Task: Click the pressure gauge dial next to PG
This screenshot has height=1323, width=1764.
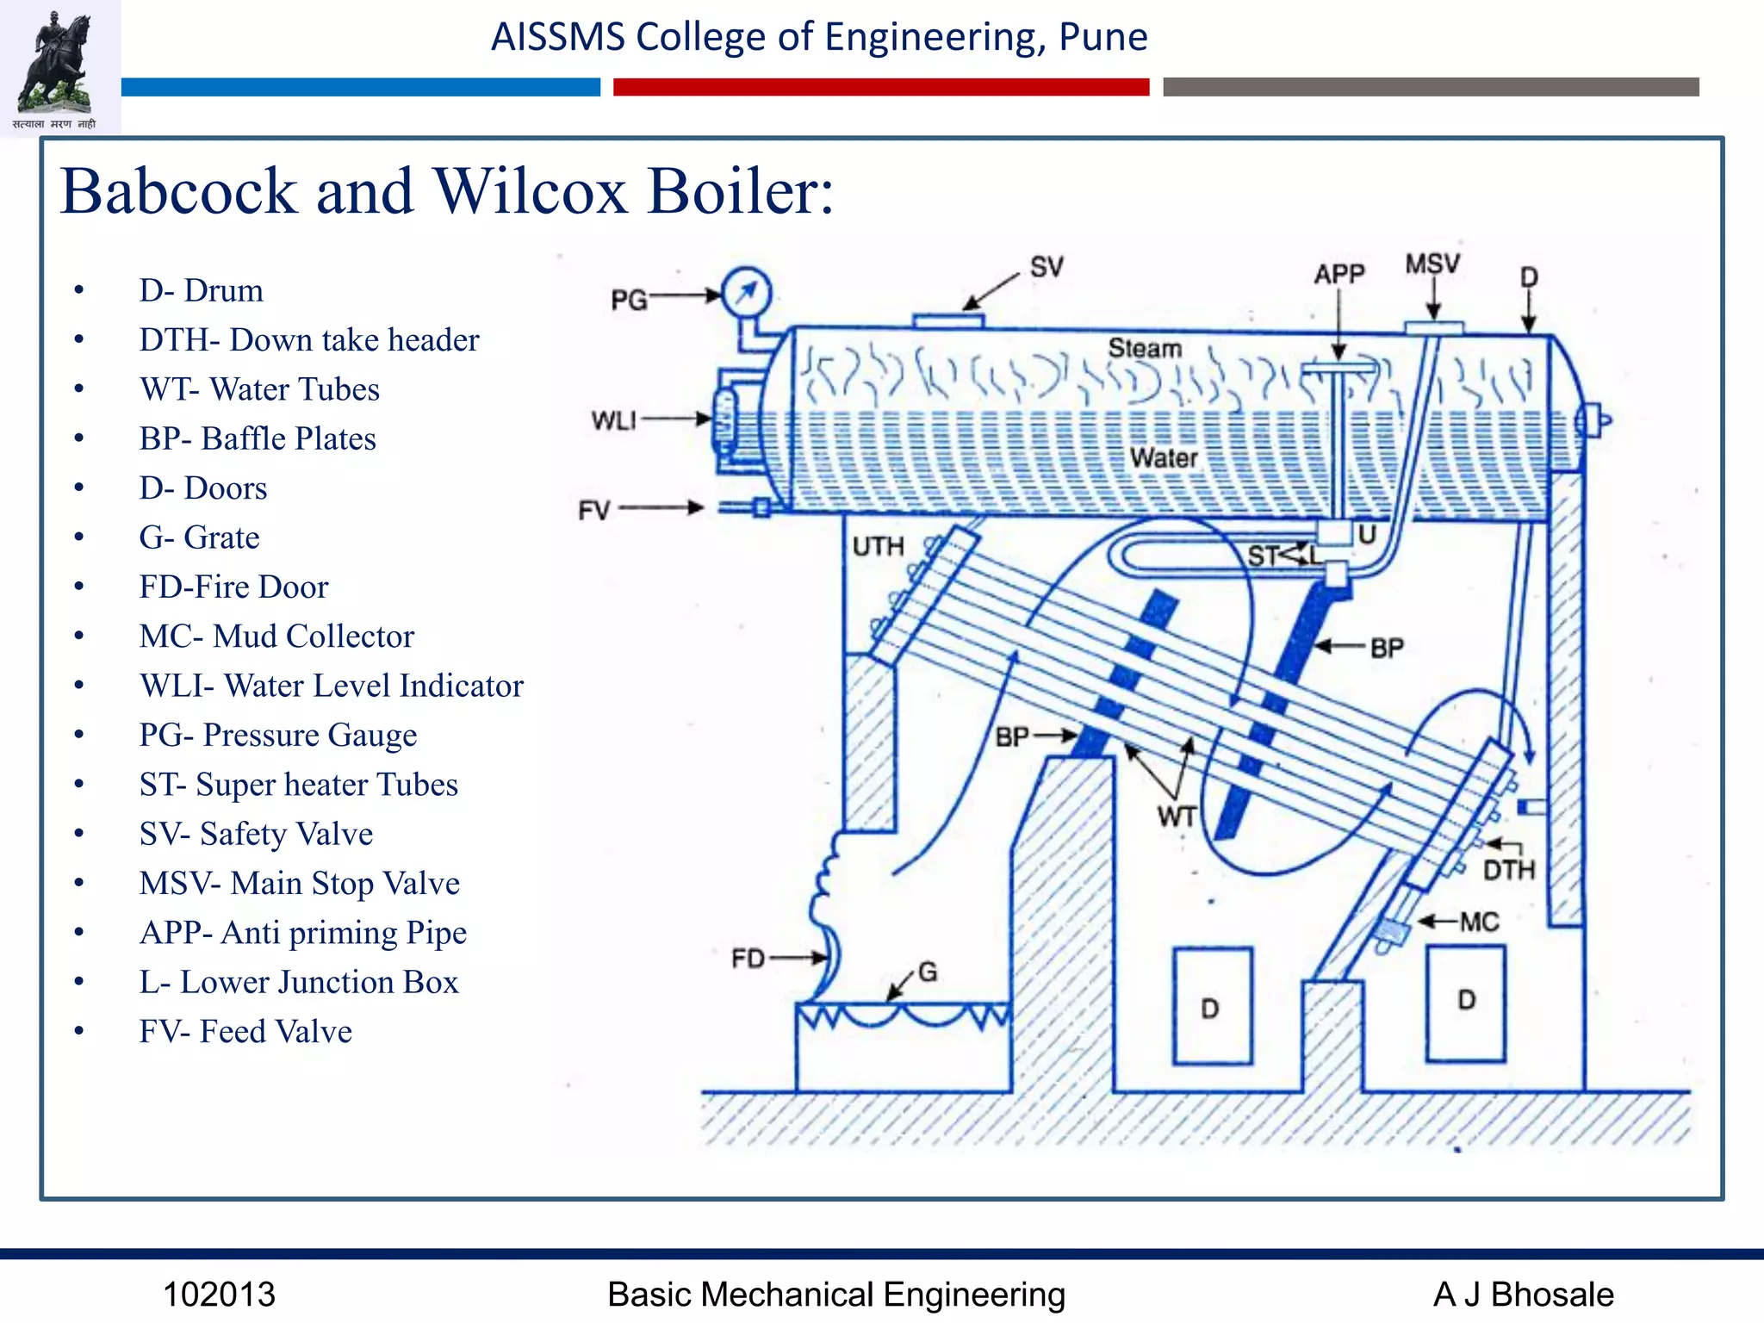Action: pos(746,294)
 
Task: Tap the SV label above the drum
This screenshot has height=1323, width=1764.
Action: pos(1046,268)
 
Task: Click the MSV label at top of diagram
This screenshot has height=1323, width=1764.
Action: pos(1432,264)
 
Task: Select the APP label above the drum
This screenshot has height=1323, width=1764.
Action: pos(1339,275)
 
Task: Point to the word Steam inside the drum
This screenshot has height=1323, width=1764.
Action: pos(1144,349)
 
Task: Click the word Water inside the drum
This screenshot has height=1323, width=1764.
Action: pos(1163,457)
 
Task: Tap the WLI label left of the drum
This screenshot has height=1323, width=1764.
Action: pos(613,420)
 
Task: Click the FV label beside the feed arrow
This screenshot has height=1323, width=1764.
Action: pos(594,511)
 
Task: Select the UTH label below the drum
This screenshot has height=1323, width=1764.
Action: pos(878,547)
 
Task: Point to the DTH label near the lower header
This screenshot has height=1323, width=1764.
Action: pos(1508,870)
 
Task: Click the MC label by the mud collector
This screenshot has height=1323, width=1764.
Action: pos(1479,922)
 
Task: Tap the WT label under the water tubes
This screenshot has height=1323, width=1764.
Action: pos(1177,816)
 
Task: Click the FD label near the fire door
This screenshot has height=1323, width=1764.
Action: pos(748,959)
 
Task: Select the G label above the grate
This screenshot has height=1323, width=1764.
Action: pos(927,972)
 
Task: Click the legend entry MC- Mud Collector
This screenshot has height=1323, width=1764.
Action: pos(276,637)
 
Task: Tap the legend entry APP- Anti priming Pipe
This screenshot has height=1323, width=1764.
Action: pos(302,933)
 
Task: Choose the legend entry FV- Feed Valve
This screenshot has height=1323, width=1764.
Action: pos(245,1032)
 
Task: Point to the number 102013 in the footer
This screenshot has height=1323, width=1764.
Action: pos(219,1295)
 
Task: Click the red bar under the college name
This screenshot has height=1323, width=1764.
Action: pos(880,87)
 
